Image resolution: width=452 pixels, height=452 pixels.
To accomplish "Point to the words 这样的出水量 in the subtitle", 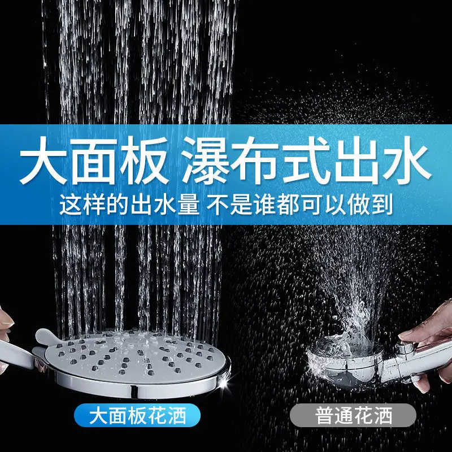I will pos(129,205).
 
